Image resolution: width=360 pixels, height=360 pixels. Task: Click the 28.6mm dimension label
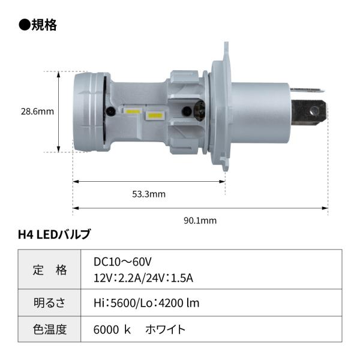[x=37, y=112]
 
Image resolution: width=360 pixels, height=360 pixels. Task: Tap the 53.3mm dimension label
[x=149, y=194]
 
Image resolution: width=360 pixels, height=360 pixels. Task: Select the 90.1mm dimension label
[x=200, y=221]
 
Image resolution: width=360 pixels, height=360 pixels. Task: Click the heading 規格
[x=44, y=25]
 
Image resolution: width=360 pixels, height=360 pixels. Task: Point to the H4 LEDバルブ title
[x=54, y=235]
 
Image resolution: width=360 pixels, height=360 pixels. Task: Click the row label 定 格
[x=50, y=270]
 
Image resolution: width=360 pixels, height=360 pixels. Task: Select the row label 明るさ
[x=50, y=302]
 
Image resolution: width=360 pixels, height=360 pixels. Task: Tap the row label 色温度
[x=50, y=329]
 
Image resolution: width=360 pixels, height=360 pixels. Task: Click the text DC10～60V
[x=122, y=262]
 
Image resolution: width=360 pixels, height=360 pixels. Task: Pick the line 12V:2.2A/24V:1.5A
[x=143, y=278]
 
